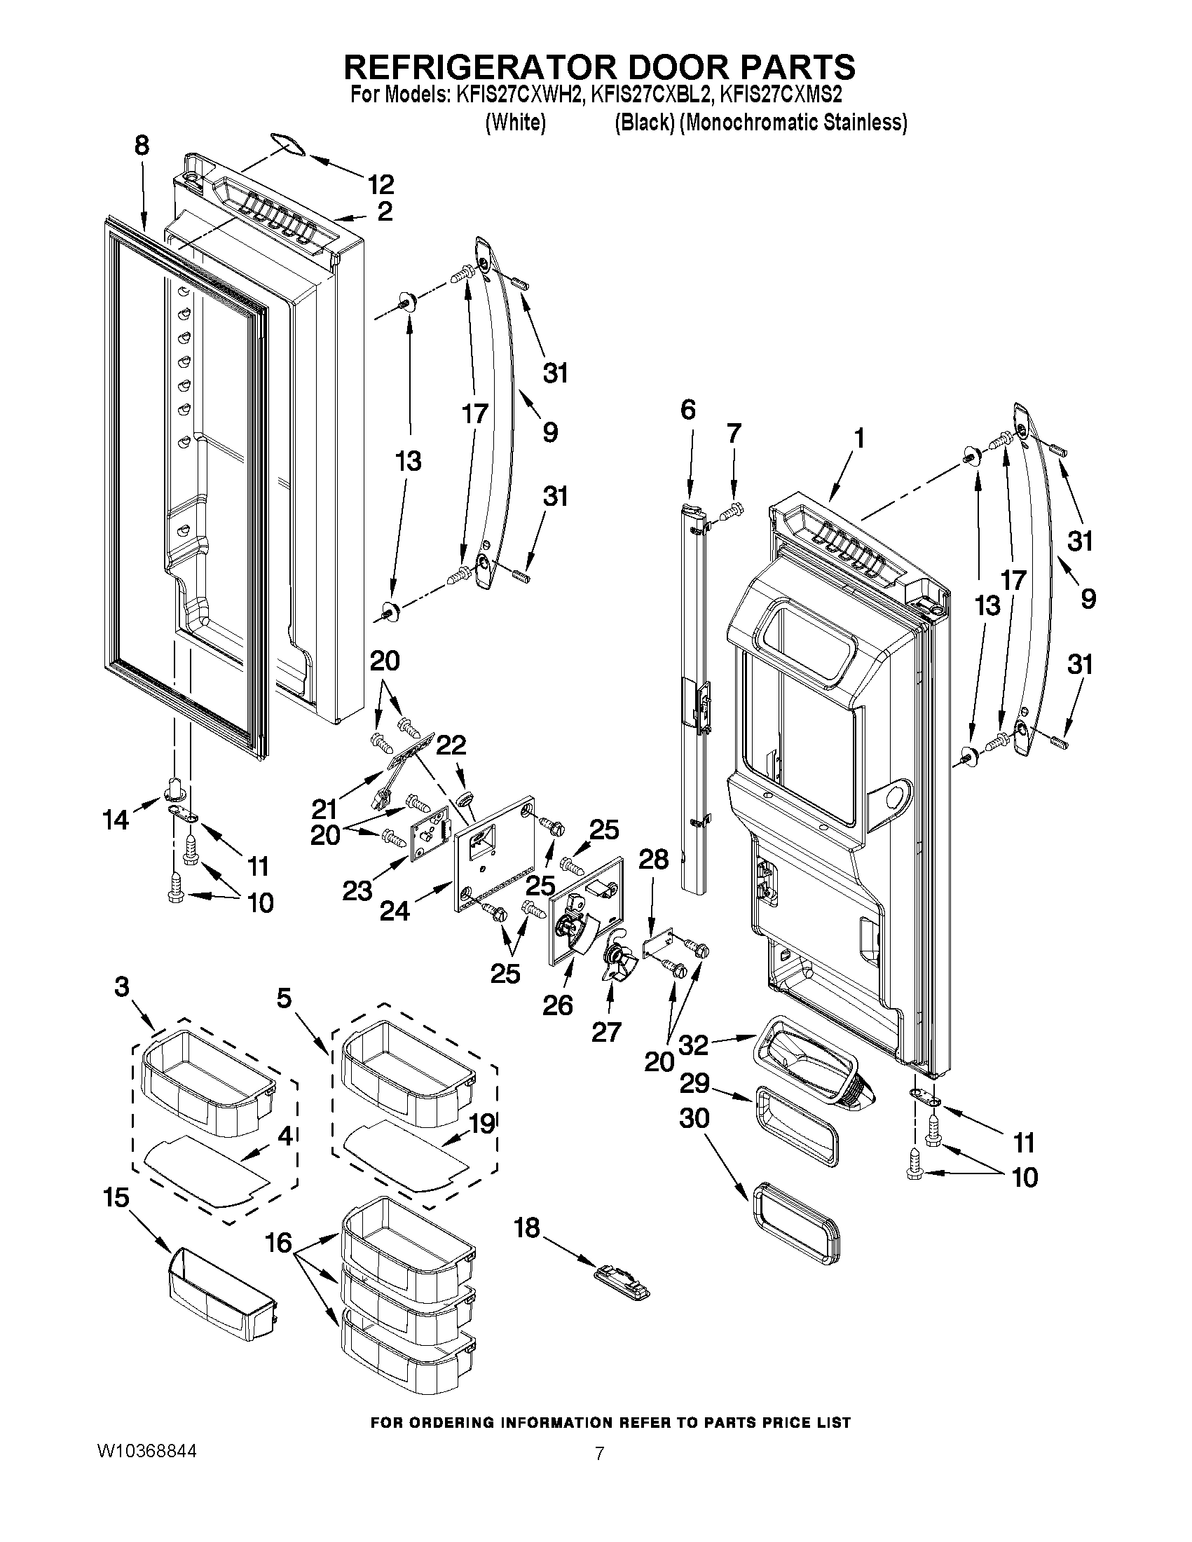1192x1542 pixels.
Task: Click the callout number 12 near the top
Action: point(381,184)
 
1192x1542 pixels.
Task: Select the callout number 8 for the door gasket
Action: point(142,146)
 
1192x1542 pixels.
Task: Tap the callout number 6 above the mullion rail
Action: point(688,409)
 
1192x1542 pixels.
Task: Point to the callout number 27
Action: point(606,1031)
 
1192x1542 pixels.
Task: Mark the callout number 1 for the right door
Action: point(858,439)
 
